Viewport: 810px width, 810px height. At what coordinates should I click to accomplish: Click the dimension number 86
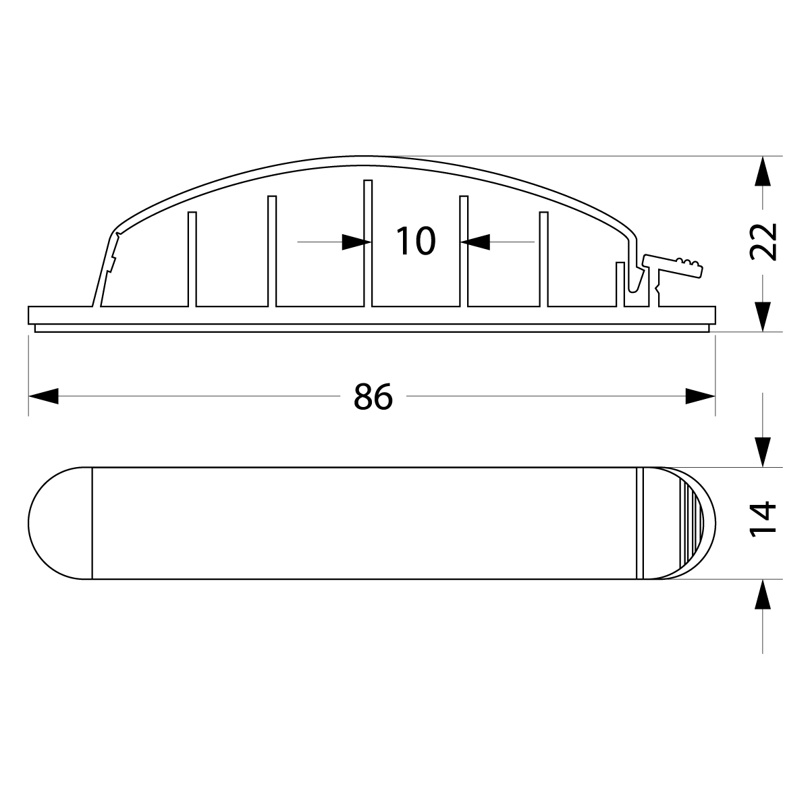coord(373,396)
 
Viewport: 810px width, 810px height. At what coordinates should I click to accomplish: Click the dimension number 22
coord(763,242)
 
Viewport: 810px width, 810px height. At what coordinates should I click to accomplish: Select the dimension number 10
coord(416,241)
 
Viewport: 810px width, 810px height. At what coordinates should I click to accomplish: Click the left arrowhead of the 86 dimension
coord(43,396)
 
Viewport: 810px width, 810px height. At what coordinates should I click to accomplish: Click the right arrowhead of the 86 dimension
coord(700,396)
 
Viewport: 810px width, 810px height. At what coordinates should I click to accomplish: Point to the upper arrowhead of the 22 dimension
coord(763,171)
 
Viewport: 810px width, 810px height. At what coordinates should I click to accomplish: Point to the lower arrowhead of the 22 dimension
coord(763,317)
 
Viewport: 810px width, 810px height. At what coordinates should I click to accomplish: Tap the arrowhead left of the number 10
coord(356,242)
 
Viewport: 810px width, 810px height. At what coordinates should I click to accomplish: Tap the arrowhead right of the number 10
coord(475,242)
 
